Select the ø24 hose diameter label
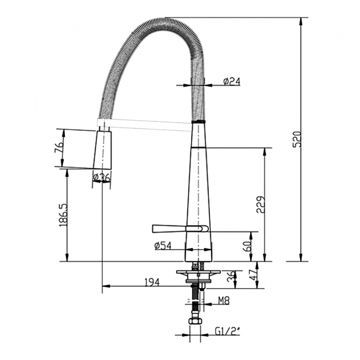pyautogui.click(x=232, y=81)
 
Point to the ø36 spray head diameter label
pyautogui.click(x=102, y=177)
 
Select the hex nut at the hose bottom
pyautogui.click(x=194, y=321)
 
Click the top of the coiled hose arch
pyautogui.click(x=161, y=22)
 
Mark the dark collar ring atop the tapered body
pyautogui.click(x=198, y=121)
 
